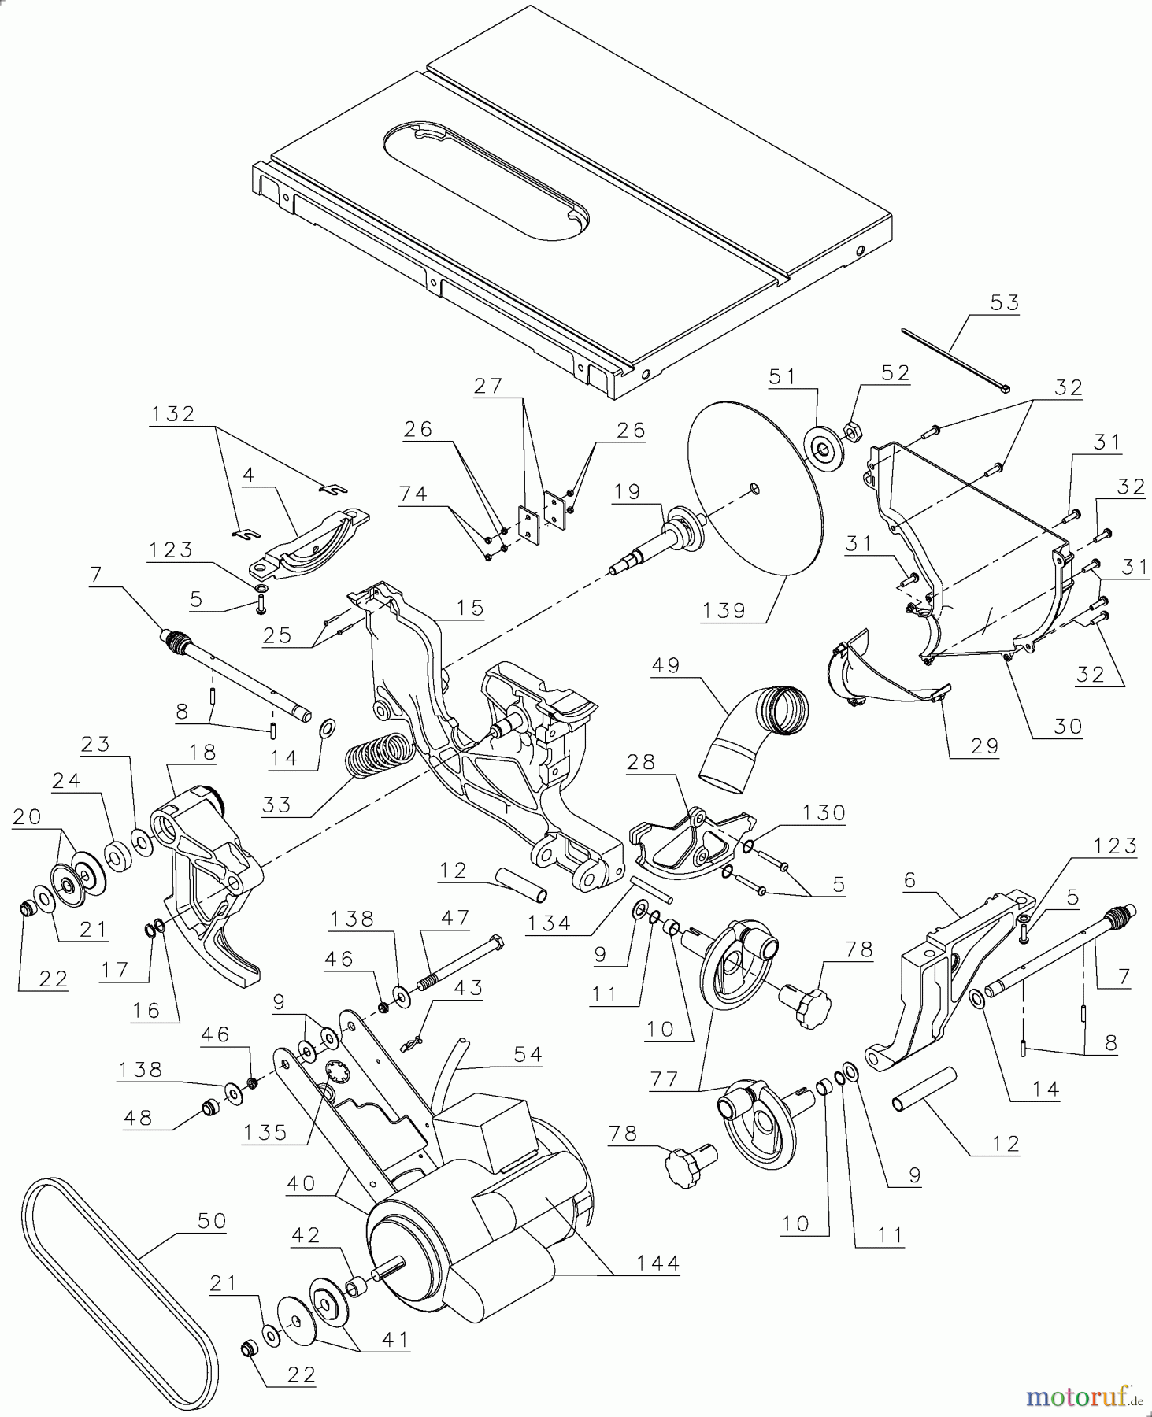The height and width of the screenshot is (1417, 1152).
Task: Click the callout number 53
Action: coord(1004,303)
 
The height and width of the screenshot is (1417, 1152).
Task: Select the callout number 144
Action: coord(657,1263)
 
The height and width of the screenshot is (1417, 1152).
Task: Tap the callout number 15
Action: coord(469,608)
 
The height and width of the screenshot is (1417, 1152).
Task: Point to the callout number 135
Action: coord(265,1132)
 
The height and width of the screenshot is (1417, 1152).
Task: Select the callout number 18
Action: coord(202,752)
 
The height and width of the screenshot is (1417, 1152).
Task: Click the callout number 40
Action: coord(302,1183)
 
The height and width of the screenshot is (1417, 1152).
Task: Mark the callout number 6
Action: coord(909,880)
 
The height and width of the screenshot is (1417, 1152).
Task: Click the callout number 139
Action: coord(724,610)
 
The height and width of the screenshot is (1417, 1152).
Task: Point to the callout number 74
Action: coord(413,494)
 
